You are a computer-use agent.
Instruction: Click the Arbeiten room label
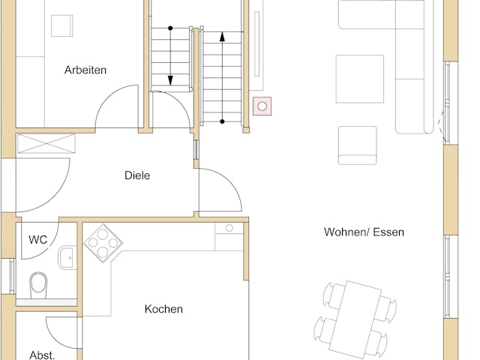click(x=85, y=70)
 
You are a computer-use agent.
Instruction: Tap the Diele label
click(x=137, y=176)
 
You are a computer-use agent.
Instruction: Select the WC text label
click(x=38, y=240)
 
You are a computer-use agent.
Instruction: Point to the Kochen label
click(x=163, y=309)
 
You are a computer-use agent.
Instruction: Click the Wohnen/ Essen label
click(x=364, y=232)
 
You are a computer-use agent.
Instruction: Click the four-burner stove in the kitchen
click(x=103, y=241)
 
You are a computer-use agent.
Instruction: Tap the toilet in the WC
click(x=37, y=284)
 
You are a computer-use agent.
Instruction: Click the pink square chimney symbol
click(x=262, y=107)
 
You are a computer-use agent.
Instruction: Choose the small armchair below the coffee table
click(x=357, y=145)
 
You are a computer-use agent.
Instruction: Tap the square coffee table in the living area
click(x=359, y=79)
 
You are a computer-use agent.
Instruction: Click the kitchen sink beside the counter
click(x=229, y=228)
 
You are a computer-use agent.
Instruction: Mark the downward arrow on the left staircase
click(x=170, y=56)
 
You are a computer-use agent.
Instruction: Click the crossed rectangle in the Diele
click(x=47, y=143)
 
